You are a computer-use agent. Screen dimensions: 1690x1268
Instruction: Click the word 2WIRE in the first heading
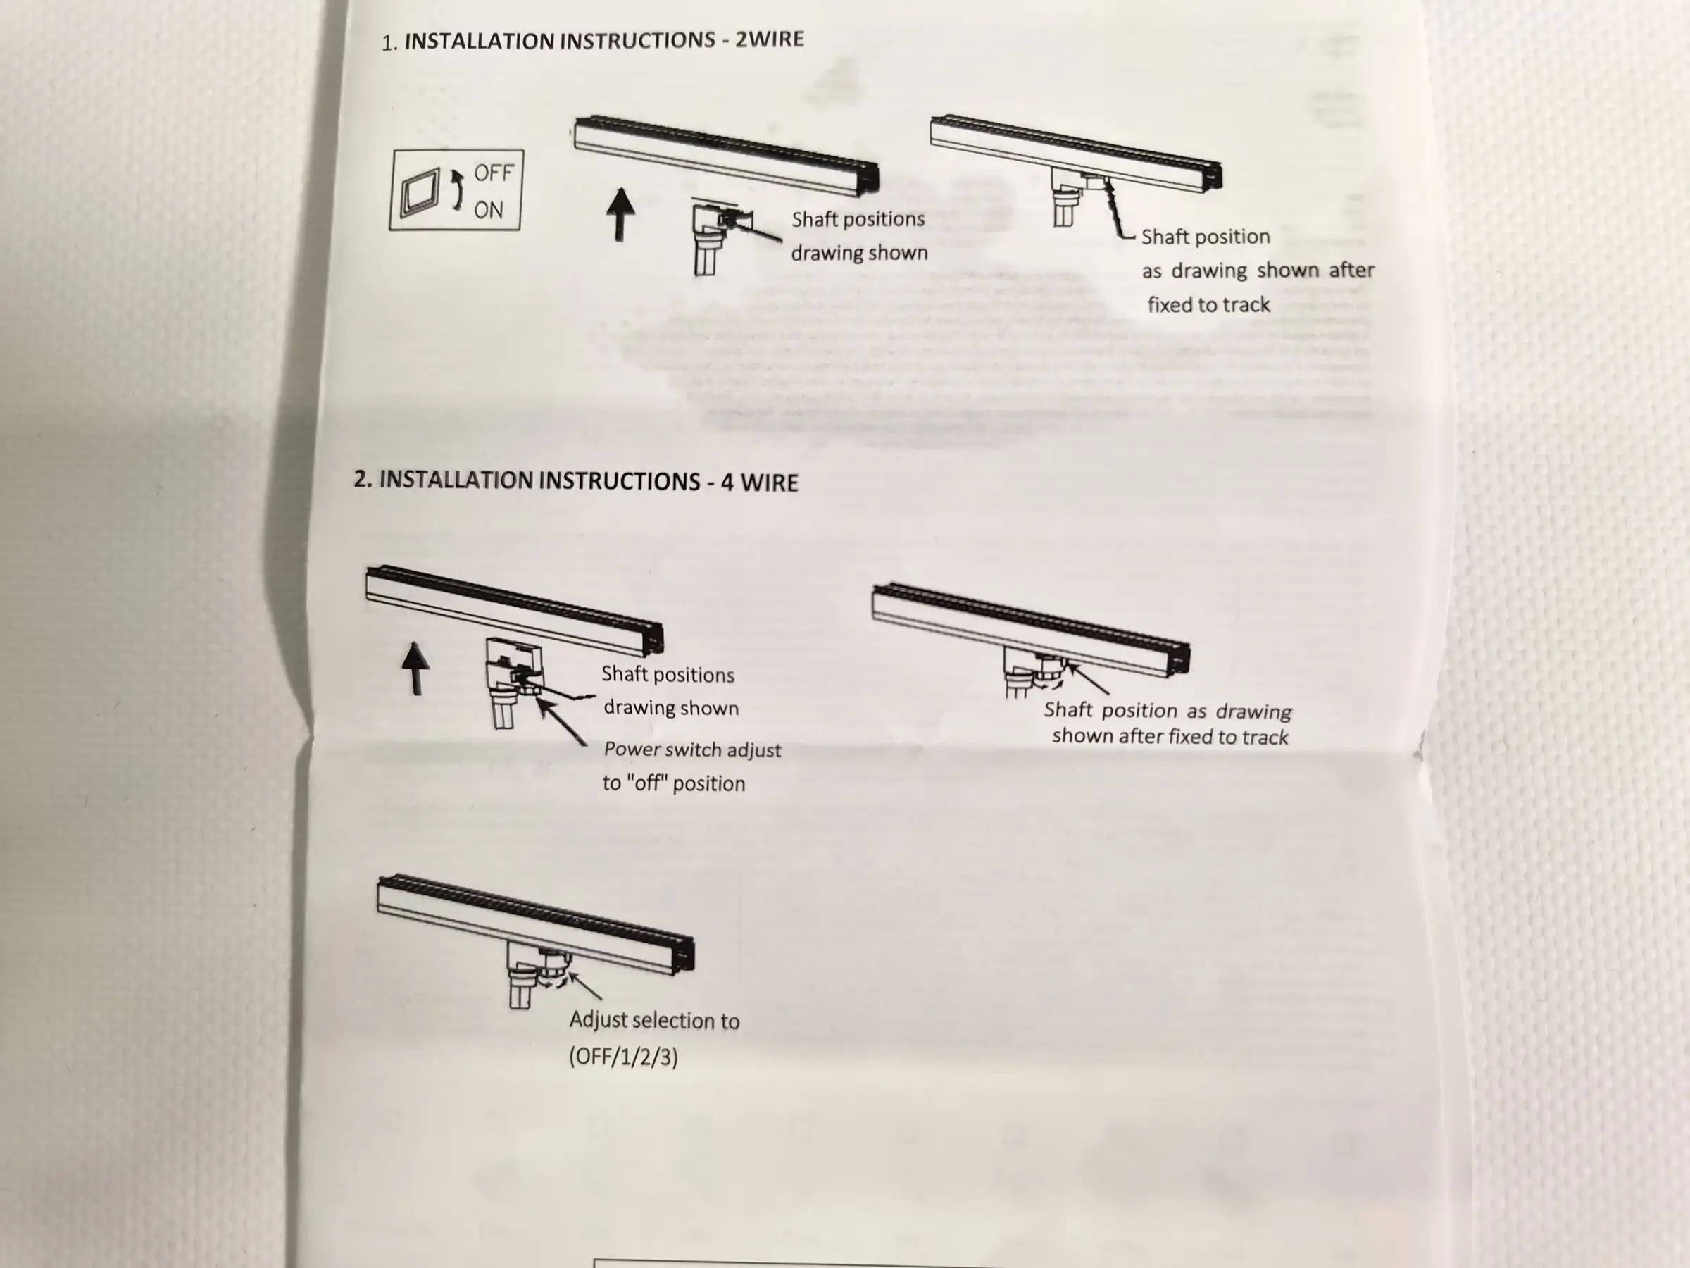[770, 38]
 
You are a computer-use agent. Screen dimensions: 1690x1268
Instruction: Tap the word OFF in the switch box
[494, 173]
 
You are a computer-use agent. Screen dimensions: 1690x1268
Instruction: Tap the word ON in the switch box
[489, 209]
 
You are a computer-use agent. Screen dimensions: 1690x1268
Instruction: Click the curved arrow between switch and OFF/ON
[458, 191]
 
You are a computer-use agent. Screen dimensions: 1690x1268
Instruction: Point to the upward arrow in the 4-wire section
[415, 668]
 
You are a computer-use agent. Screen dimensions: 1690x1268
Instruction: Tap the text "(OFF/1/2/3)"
[623, 1057]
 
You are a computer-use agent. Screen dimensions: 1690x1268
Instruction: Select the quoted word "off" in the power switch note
[645, 783]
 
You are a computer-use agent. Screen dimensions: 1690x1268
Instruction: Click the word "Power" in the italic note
[631, 749]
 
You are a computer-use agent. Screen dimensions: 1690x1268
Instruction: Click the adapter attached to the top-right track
[1077, 198]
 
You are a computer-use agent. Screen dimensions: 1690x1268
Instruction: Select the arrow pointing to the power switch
[561, 721]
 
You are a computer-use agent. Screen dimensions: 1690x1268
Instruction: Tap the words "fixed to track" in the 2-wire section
[1208, 305]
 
